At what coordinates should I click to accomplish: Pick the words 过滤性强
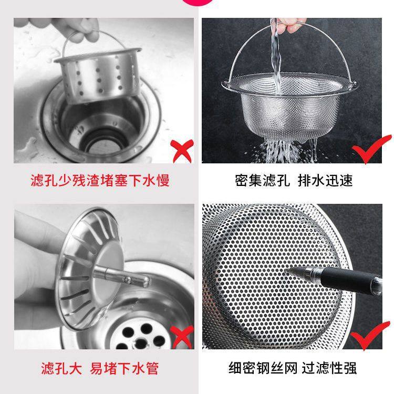[332, 368]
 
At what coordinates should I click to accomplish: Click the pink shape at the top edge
[197, 3]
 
